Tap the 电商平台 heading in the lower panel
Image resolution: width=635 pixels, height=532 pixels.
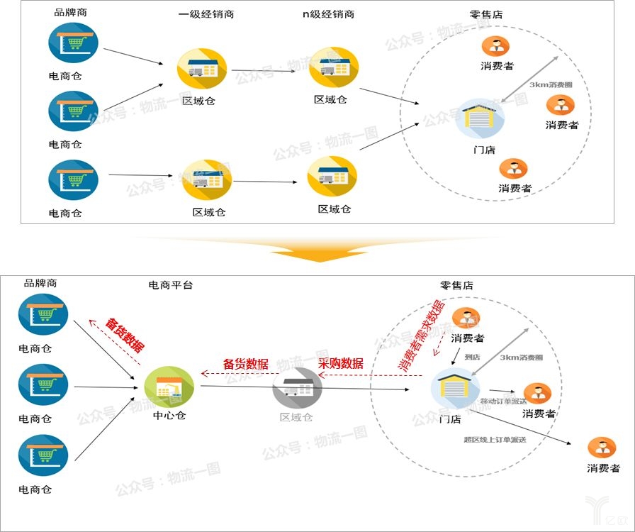170,285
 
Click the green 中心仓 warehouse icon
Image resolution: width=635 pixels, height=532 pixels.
169,387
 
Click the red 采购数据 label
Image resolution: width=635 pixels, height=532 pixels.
340,363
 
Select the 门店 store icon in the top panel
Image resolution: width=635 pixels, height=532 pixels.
481,118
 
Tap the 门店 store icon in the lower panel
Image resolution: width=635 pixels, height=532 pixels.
455,389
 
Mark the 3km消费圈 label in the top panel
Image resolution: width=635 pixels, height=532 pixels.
551,85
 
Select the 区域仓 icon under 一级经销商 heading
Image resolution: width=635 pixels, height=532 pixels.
201,69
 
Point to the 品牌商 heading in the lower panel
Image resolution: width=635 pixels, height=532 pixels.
40,284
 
